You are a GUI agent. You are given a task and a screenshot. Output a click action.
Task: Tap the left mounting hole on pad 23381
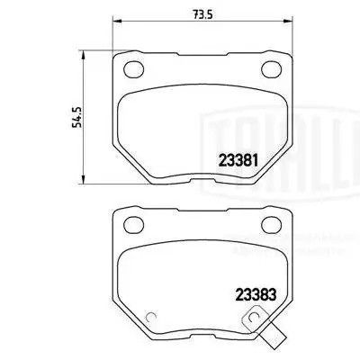click(x=133, y=68)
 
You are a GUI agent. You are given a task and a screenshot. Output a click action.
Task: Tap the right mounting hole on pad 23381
click(x=270, y=68)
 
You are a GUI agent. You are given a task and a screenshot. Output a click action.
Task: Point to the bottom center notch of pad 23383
click(x=202, y=336)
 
